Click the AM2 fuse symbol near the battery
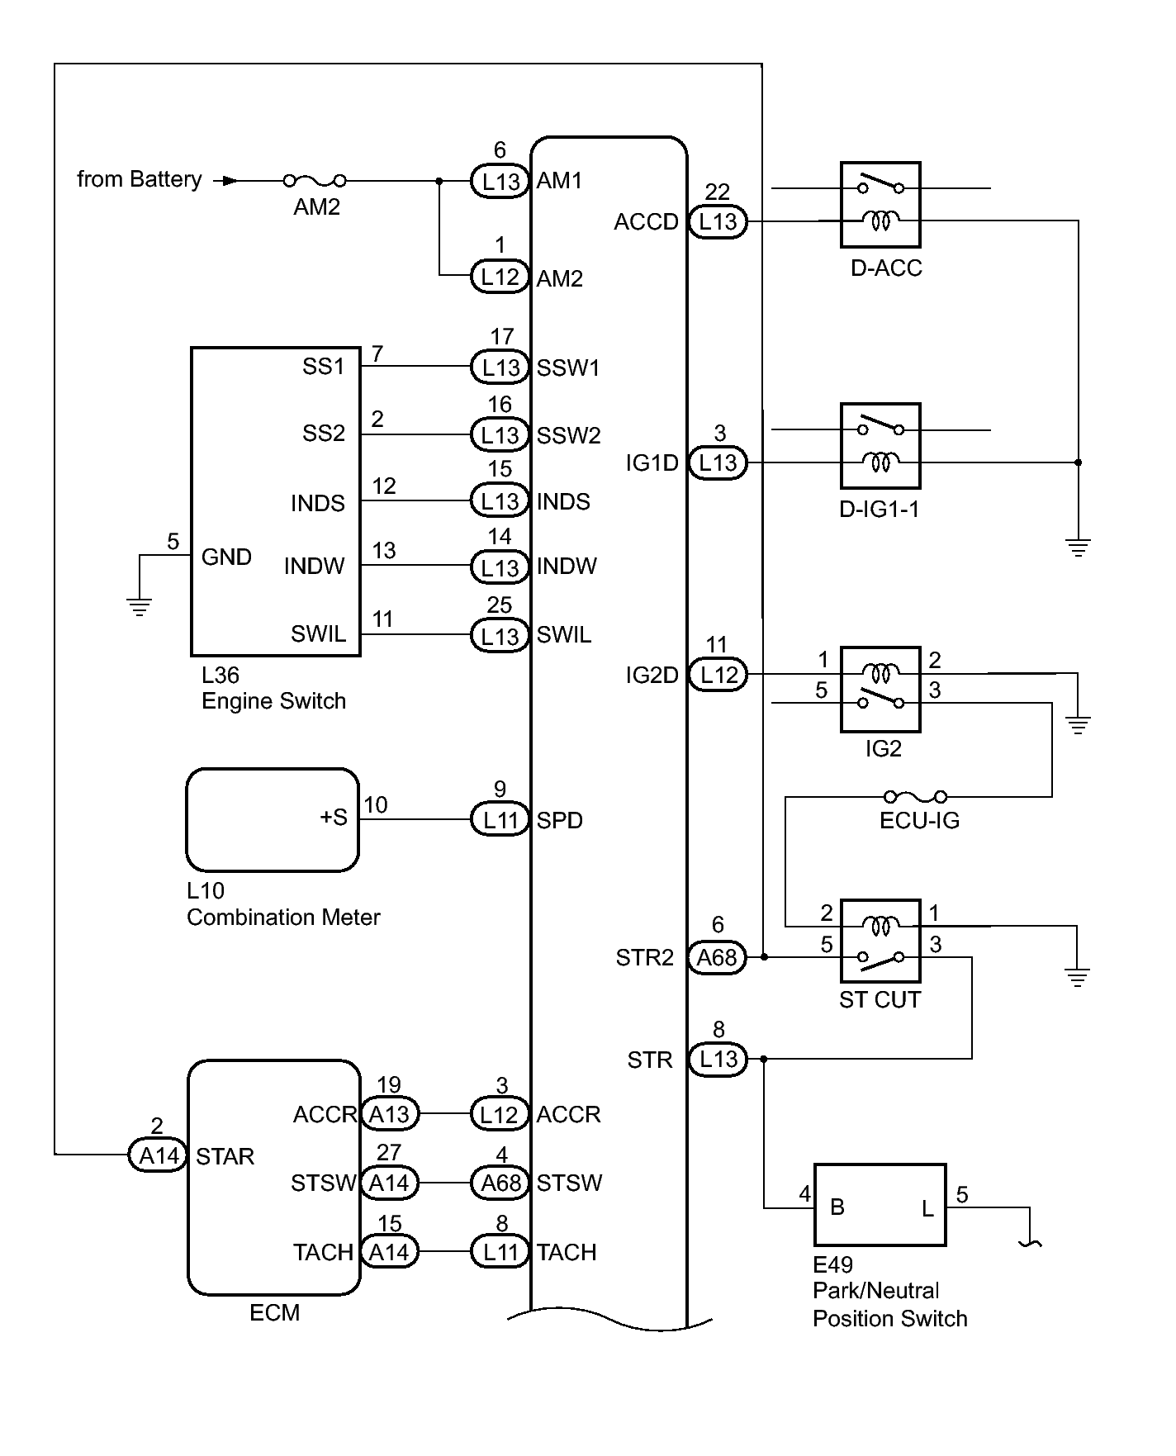point(315,180)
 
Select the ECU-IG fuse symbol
point(915,797)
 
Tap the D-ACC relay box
point(880,205)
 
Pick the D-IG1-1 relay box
point(880,446)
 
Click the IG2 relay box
point(880,689)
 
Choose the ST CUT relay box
point(880,941)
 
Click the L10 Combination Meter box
point(273,820)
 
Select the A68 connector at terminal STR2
point(717,957)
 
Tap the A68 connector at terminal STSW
point(500,1183)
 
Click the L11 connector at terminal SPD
point(500,820)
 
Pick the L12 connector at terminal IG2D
point(718,675)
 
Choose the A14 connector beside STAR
point(159,1155)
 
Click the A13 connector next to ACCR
point(389,1114)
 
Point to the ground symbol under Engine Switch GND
point(140,607)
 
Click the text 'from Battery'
point(139,179)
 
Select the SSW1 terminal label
point(567,368)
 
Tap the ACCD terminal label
point(646,222)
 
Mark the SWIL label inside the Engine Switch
point(318,634)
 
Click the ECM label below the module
point(274,1312)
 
